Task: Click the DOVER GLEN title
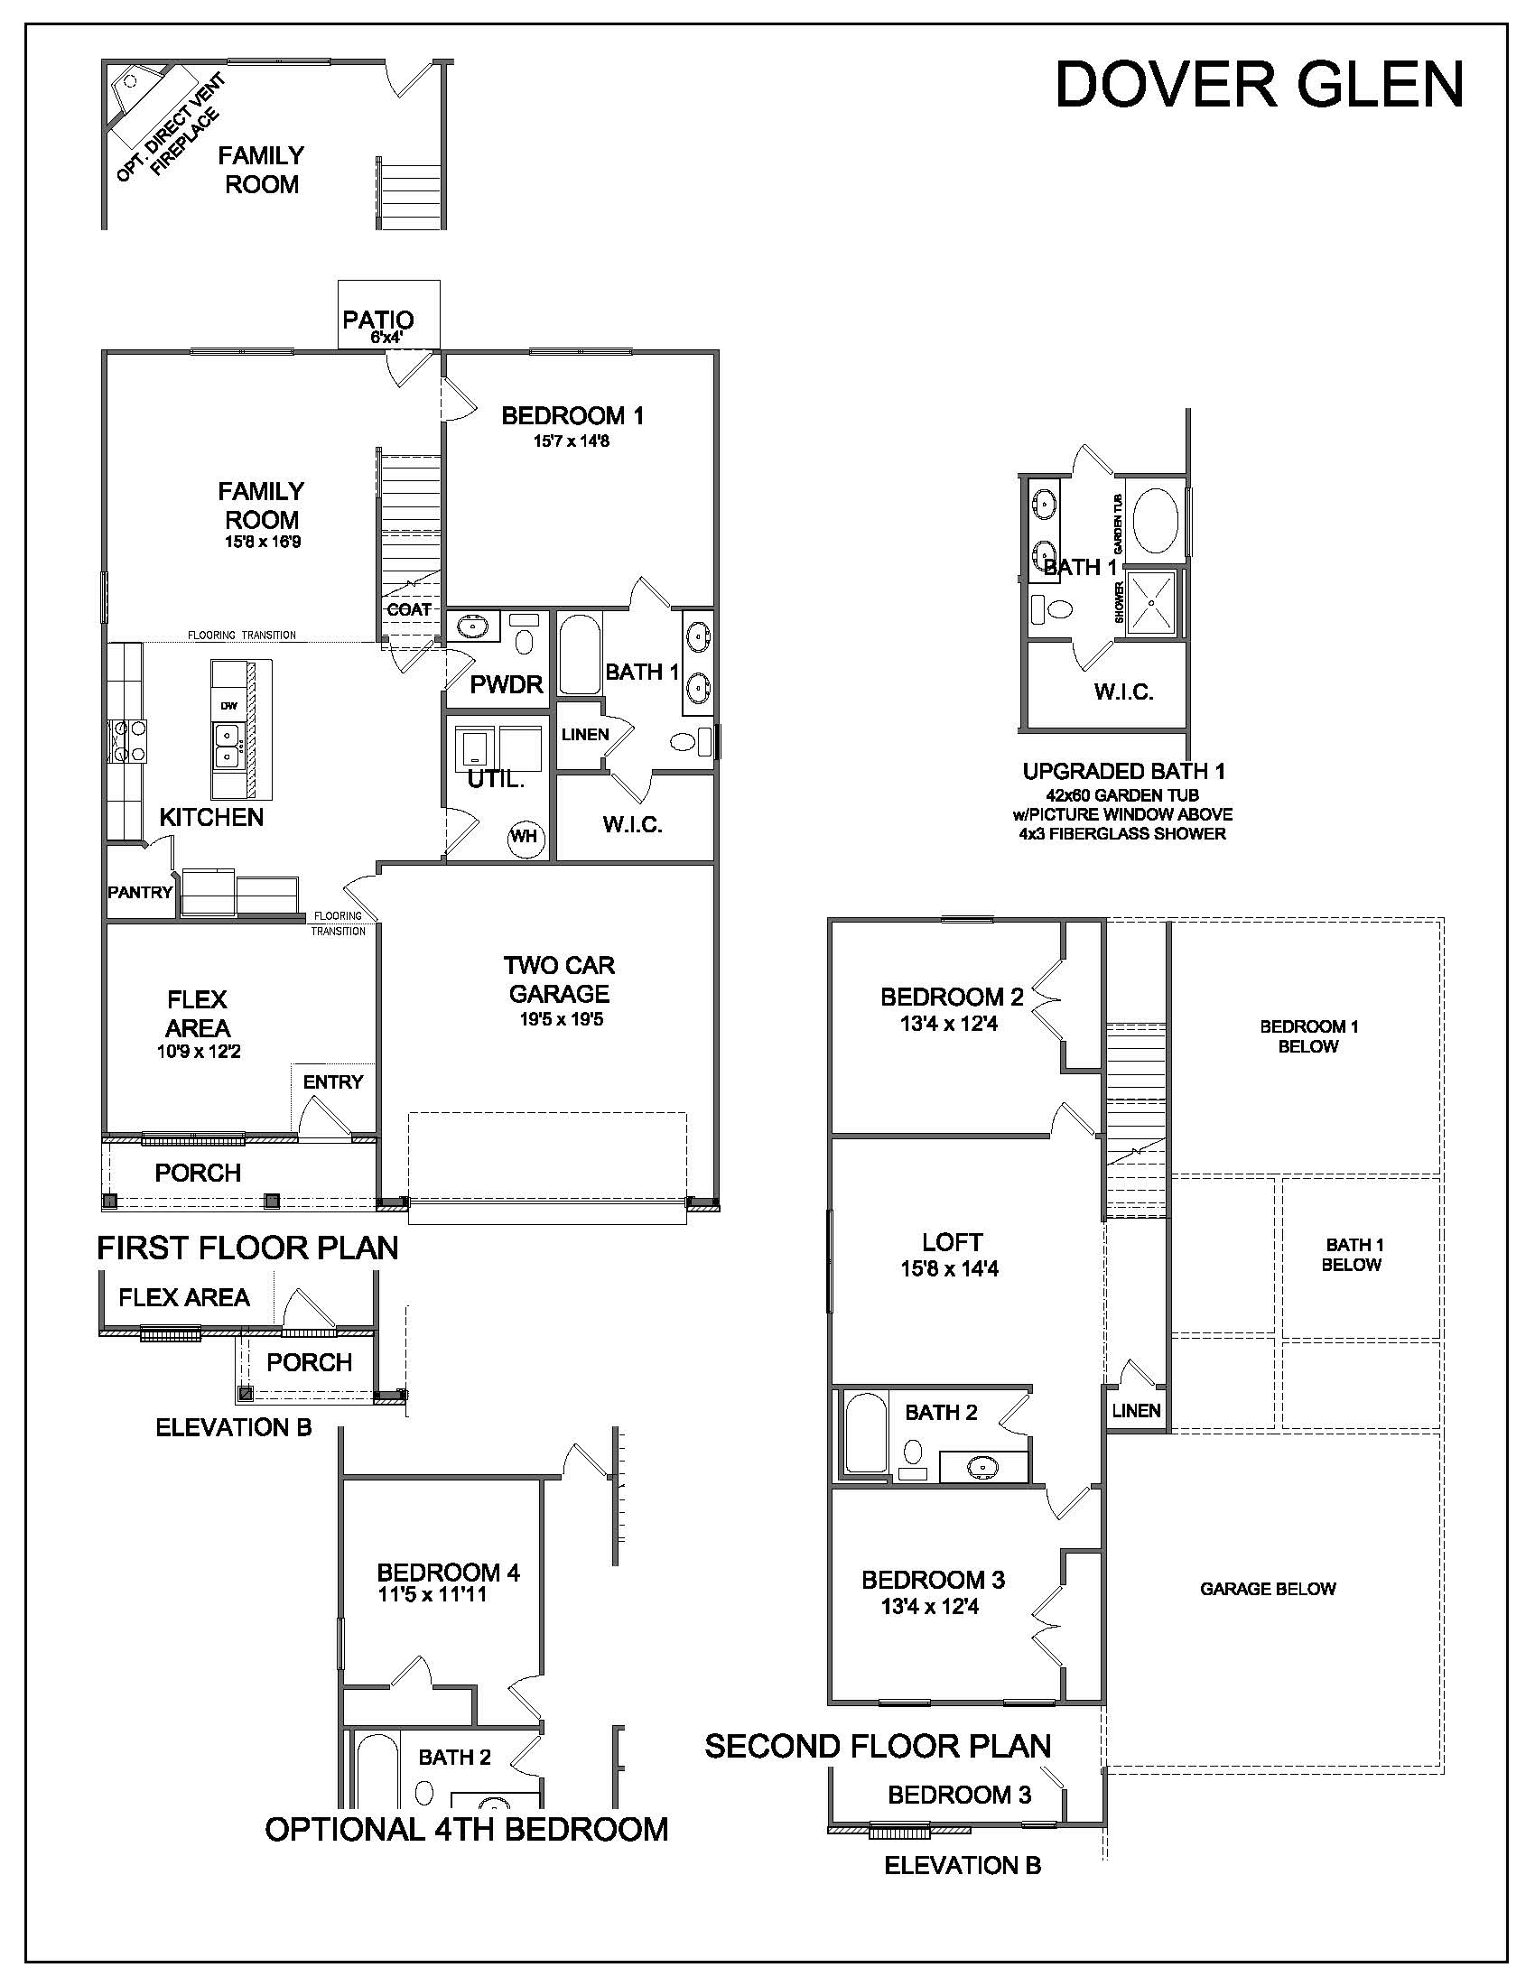[x=1260, y=85]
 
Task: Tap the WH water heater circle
[x=524, y=835]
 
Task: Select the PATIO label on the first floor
[x=378, y=320]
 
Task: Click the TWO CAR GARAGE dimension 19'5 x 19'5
[x=561, y=1019]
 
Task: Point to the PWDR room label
[x=507, y=685]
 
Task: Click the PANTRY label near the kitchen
[x=140, y=892]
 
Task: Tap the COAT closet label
[x=409, y=609]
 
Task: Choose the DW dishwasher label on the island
[x=228, y=706]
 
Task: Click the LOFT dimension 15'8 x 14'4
[x=949, y=1268]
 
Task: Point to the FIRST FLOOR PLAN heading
[x=247, y=1248]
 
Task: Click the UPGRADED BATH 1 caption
[x=1124, y=772]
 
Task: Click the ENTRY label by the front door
[x=333, y=1081]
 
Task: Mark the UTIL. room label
[x=496, y=779]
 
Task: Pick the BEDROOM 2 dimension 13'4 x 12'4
[x=949, y=1023]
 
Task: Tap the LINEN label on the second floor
[x=1137, y=1409]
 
